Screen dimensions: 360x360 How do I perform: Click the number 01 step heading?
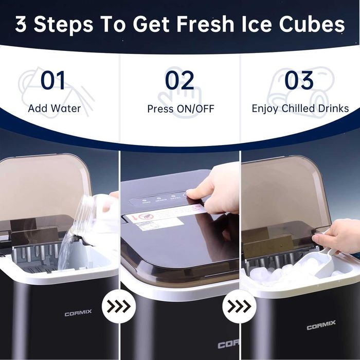click(53, 81)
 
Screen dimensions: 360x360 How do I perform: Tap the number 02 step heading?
click(179, 81)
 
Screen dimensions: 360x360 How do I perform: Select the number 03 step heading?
click(299, 81)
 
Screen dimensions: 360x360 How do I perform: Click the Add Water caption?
click(55, 109)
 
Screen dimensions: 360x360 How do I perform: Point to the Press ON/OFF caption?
click(181, 109)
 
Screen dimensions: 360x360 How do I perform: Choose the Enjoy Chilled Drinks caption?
click(300, 109)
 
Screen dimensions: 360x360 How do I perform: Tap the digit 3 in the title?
click(21, 24)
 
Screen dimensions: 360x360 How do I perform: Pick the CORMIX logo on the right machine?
click(321, 326)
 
